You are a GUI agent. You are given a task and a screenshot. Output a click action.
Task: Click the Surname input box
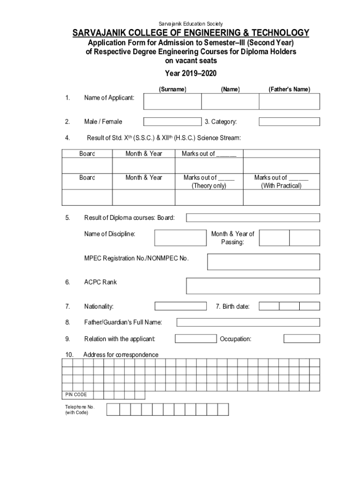point(172,102)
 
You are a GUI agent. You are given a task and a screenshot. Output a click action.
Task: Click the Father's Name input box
point(289,102)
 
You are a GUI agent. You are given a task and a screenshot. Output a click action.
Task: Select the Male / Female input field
point(172,122)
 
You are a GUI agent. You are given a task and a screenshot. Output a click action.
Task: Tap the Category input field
point(289,122)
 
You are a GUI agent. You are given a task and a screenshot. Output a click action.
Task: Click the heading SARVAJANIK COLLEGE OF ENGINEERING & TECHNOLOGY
point(190,33)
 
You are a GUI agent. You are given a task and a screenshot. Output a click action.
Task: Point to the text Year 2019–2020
point(190,73)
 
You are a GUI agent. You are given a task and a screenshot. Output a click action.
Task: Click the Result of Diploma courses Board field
point(253,218)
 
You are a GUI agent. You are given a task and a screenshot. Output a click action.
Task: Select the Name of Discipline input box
point(180,238)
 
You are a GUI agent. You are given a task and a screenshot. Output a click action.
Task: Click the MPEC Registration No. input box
point(264,262)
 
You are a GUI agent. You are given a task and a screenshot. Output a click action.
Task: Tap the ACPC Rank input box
point(253,286)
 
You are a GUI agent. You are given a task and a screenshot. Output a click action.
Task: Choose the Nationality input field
point(180,306)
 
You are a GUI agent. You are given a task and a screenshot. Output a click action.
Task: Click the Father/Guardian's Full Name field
point(248,322)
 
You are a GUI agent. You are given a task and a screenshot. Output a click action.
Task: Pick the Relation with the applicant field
point(195,338)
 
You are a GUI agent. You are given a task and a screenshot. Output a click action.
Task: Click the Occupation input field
point(302,338)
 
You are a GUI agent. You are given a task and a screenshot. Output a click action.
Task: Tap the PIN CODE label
point(76,395)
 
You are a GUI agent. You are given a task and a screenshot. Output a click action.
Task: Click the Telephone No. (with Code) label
point(77,410)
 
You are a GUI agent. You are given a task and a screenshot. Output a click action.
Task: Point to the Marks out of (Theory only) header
point(209,181)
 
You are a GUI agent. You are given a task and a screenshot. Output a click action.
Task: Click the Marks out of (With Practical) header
point(281,181)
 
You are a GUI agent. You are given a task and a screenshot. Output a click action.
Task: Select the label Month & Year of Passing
point(232,238)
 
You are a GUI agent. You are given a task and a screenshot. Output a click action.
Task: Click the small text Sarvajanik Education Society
point(190,23)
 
